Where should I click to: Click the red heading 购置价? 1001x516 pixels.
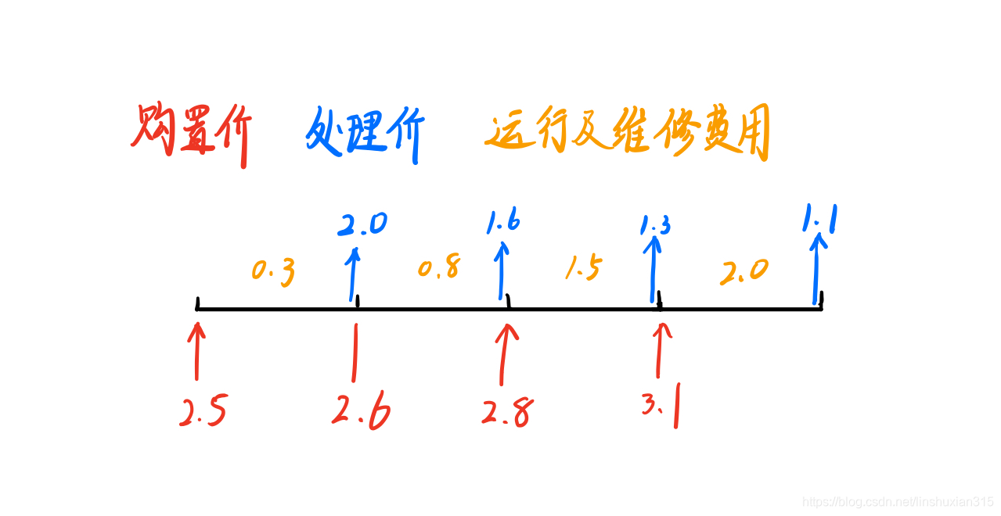(190, 134)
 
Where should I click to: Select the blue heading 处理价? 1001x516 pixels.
(364, 134)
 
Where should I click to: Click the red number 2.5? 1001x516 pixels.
(203, 412)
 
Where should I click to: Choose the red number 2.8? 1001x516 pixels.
(508, 410)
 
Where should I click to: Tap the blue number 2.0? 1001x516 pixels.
(362, 224)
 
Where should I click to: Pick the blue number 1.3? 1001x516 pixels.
(654, 226)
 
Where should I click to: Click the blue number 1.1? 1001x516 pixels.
(819, 220)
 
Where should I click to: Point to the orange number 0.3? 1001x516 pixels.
(273, 271)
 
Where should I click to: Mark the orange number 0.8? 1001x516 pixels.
(438, 268)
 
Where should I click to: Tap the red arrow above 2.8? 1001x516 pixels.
(506, 356)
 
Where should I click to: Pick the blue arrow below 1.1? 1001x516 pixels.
(817, 270)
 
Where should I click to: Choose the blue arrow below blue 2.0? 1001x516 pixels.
(354, 274)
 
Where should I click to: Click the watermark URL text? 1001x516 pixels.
(898, 501)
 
